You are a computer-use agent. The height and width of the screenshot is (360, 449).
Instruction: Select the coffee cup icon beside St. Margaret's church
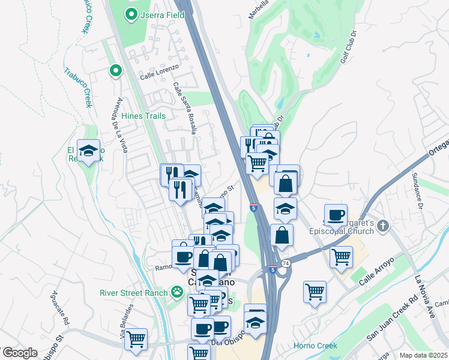click(336, 214)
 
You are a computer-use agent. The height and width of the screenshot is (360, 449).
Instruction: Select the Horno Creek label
click(315, 346)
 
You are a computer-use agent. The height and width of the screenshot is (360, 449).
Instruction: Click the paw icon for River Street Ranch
click(177, 293)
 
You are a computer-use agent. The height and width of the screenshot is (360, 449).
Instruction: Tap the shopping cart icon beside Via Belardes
click(136, 339)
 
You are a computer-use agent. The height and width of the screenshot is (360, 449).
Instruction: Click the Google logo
click(19, 353)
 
